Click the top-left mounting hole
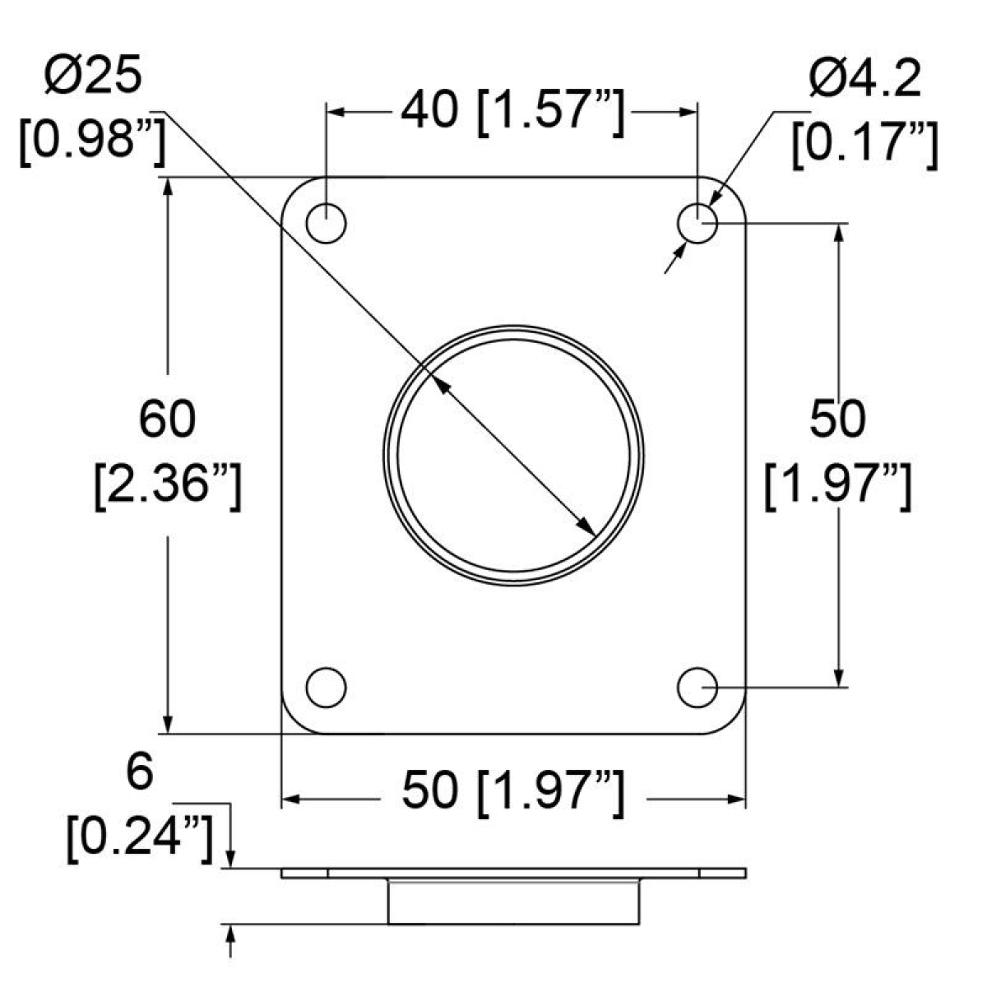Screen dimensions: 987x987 (x=326, y=223)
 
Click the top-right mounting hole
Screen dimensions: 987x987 (x=697, y=223)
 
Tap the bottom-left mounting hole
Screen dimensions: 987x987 (x=326, y=688)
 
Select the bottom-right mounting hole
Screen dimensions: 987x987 (x=697, y=688)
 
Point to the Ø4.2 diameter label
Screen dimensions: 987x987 (x=864, y=81)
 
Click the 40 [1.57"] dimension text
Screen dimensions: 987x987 (x=512, y=110)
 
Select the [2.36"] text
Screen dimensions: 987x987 (x=168, y=486)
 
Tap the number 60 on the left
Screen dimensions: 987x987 (x=168, y=419)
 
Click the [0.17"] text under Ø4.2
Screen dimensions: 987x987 (x=864, y=145)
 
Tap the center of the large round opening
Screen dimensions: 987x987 (x=514, y=455)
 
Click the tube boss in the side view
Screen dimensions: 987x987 (x=513, y=901)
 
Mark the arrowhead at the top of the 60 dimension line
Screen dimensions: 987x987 (x=168, y=187)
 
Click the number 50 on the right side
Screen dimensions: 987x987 (x=837, y=419)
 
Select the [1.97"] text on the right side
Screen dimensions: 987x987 (x=837, y=485)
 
